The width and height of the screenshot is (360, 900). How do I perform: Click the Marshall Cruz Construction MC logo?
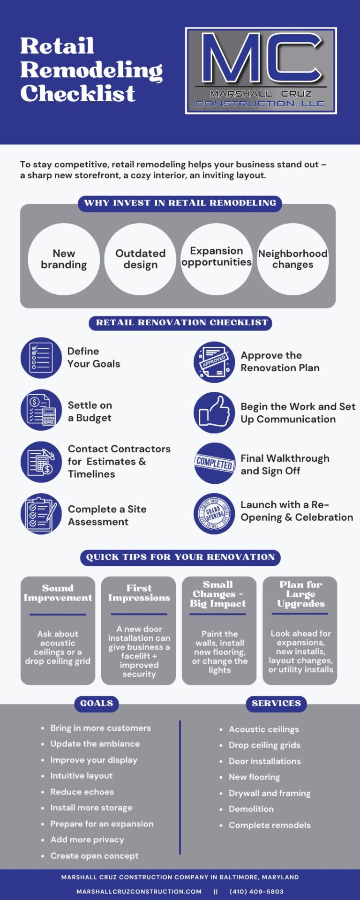261,71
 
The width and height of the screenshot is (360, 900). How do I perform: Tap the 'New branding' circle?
64,259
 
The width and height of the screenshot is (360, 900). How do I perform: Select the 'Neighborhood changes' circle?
293,259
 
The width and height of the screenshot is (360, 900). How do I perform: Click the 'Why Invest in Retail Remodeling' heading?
180,203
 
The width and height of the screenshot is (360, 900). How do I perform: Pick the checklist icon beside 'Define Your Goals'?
41,358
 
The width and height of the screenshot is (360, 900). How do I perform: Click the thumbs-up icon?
214,412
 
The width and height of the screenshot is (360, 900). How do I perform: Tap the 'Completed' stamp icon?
214,463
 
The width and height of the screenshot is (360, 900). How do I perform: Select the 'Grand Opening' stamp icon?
214,514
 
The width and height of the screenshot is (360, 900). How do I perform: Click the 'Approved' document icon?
214,362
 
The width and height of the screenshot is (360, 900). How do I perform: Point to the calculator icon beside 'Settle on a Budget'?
41,410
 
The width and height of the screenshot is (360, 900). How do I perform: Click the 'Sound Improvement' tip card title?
58,593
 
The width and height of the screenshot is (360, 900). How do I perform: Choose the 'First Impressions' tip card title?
139,593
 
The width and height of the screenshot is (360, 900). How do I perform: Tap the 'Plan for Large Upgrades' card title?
301,594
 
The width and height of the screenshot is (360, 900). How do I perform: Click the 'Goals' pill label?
97,704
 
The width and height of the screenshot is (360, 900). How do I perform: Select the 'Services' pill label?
277,704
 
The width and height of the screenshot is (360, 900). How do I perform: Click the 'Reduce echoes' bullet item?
82,792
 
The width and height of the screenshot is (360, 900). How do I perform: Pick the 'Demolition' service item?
251,809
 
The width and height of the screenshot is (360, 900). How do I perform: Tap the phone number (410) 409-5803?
256,892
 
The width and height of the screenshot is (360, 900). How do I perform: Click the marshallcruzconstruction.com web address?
139,892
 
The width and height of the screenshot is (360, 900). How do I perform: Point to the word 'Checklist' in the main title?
78,93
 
